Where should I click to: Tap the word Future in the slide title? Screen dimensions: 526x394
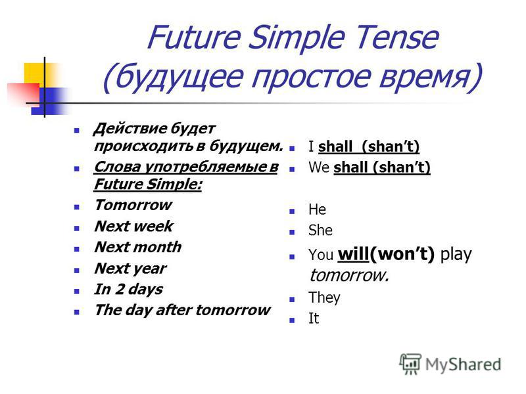pyautogui.click(x=194, y=37)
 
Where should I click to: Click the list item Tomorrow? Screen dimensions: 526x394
pyautogui.click(x=133, y=205)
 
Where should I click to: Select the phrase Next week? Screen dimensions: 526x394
pyautogui.click(x=134, y=226)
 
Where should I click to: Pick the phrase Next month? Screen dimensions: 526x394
pyautogui.click(x=138, y=248)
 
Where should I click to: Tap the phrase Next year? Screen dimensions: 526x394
pyautogui.click(x=130, y=269)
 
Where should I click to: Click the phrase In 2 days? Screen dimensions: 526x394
pyautogui.click(x=128, y=290)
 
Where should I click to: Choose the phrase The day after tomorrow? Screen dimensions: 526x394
pyautogui.click(x=182, y=310)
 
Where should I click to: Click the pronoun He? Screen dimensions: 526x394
pyautogui.click(x=317, y=209)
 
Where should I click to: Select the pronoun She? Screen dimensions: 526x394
pyautogui.click(x=320, y=230)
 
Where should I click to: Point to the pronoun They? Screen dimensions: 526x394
pyautogui.click(x=324, y=298)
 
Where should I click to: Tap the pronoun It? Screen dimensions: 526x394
pyautogui.click(x=314, y=318)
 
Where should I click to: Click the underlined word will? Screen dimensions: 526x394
pyautogui.click(x=353, y=254)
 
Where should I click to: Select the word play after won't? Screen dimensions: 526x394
pyautogui.click(x=456, y=255)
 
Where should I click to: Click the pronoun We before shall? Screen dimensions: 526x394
pyautogui.click(x=319, y=167)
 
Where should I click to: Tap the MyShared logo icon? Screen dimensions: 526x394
pyautogui.click(x=410, y=364)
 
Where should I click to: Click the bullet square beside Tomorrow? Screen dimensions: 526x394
pyautogui.click(x=77, y=207)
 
